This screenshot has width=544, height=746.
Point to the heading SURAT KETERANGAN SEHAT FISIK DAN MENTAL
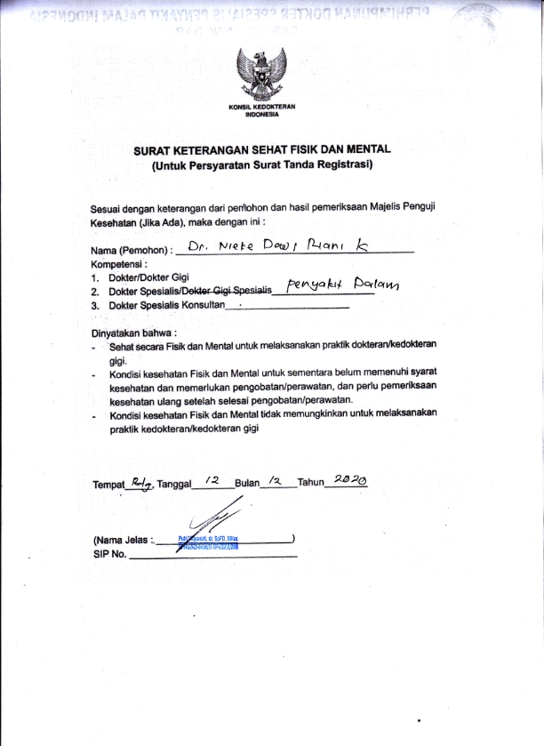pyautogui.click(x=262, y=151)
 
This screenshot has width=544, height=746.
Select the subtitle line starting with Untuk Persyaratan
pyautogui.click(x=262, y=165)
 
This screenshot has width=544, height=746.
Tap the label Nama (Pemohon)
pyautogui.click(x=131, y=252)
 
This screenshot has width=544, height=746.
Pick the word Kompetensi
pyautogui.click(x=118, y=264)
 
